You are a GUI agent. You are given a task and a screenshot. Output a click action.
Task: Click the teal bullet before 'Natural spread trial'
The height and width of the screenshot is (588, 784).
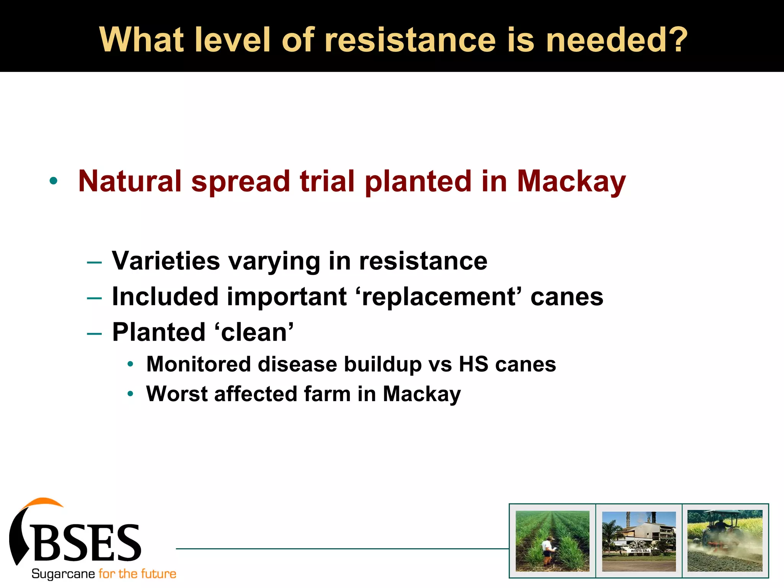tap(54, 181)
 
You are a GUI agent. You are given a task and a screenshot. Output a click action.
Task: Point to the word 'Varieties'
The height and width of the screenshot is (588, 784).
tap(166, 261)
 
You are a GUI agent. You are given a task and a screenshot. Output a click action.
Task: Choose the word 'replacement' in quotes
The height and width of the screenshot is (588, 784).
tap(438, 297)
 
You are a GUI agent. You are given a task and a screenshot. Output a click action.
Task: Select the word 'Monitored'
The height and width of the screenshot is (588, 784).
tap(199, 364)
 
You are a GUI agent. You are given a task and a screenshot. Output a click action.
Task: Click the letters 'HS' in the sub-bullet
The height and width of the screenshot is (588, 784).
tap(474, 364)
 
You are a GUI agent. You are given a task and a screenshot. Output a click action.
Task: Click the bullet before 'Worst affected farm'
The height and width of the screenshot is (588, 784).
tap(130, 394)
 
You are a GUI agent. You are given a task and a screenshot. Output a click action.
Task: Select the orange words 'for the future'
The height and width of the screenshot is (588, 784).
tap(137, 574)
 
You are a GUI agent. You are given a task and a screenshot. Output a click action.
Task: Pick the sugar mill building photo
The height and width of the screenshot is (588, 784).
tap(639, 541)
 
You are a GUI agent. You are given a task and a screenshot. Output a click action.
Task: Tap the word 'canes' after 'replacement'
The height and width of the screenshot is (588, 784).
tap(567, 297)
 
